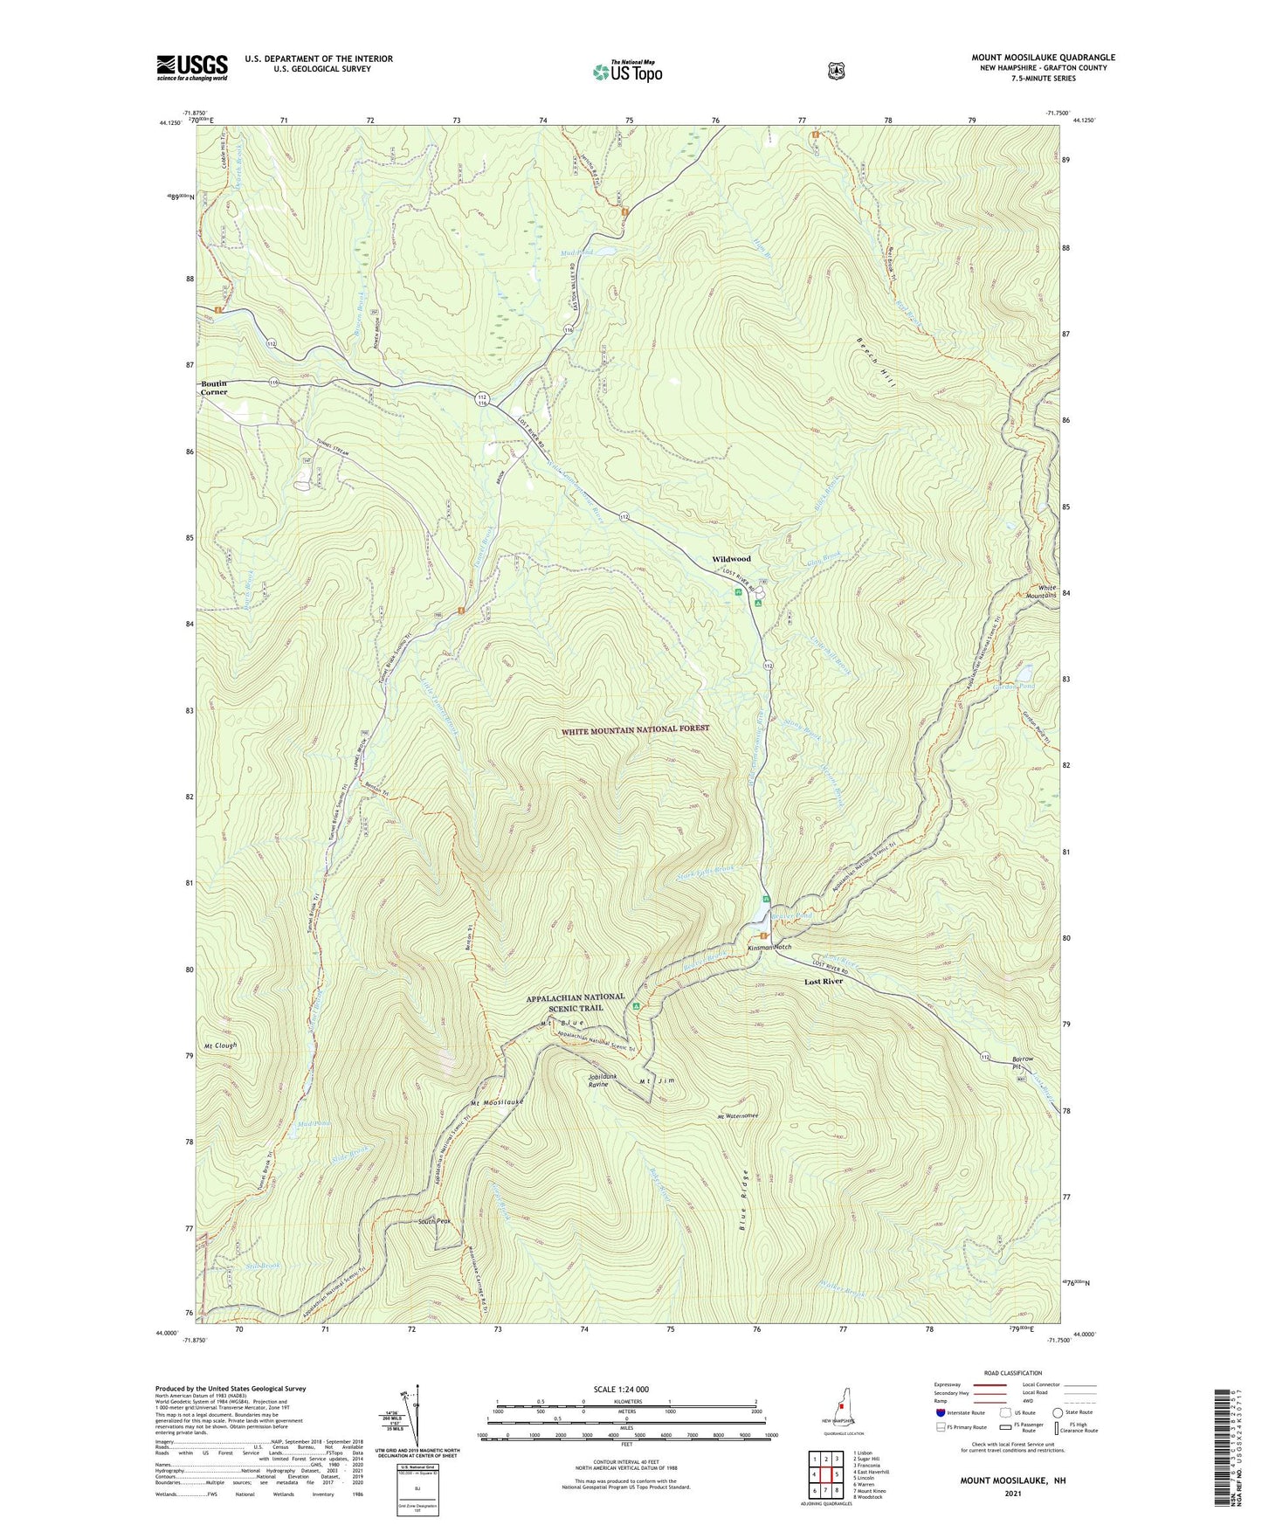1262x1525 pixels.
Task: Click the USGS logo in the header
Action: pos(192,67)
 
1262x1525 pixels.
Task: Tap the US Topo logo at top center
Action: pos(627,72)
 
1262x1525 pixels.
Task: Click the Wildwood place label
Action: pos(731,559)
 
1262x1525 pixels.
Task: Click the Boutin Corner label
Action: pos(214,388)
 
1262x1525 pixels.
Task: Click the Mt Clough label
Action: pos(220,1045)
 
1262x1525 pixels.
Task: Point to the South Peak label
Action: pos(434,1221)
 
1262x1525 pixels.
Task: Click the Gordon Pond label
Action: pos(1014,687)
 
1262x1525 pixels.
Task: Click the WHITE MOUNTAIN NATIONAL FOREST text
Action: pos(635,728)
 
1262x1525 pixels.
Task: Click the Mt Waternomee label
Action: pos(738,1116)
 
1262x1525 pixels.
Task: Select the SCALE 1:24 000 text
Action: pos(621,1389)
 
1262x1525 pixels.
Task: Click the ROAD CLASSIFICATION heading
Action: pos(1012,1373)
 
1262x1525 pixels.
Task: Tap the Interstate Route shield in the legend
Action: pos(941,1412)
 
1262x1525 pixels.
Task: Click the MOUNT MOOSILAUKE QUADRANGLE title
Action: pos(1043,58)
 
